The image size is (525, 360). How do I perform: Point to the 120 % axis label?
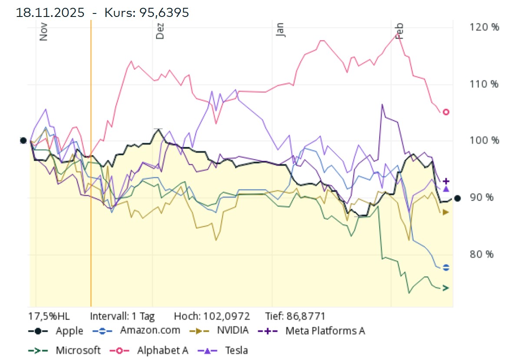pos(484,27)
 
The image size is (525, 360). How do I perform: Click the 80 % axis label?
pos(482,254)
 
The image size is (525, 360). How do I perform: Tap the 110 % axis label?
pos(484,84)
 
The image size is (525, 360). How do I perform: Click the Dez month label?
pos(160,31)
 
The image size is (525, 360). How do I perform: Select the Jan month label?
pos(281,30)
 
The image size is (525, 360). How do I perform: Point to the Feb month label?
pos(400,31)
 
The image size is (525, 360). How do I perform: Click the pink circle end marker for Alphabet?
pos(446,112)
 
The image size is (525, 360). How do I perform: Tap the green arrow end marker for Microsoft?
pos(446,288)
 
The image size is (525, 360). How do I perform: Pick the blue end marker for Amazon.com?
pos(446,268)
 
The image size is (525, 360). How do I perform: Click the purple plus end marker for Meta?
pos(446,181)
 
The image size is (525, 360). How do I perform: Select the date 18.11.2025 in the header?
pos(50,13)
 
